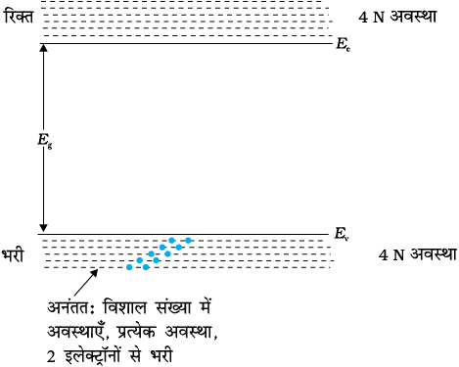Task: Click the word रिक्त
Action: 20,17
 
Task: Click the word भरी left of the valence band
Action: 13,255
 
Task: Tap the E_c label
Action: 344,44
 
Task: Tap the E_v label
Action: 342,234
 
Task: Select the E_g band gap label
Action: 45,141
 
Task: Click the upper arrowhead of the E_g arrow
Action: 43,47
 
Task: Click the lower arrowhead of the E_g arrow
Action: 43,228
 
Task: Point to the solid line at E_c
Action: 186,43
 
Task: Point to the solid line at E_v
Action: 183,234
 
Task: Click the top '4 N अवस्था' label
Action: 397,17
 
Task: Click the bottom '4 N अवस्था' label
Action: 418,254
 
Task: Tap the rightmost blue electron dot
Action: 188,241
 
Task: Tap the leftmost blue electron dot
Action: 129,267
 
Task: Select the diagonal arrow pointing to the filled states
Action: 86,282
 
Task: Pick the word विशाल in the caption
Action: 125,307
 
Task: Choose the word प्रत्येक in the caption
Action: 137,332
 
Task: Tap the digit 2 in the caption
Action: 51,357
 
